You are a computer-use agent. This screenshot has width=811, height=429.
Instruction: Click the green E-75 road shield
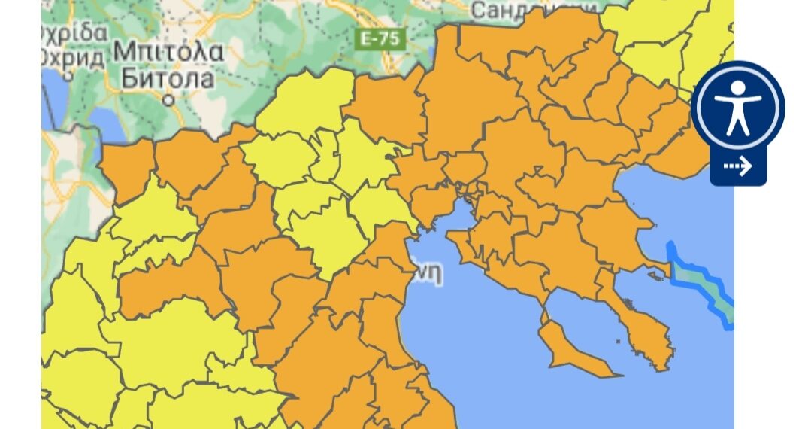pos(381,39)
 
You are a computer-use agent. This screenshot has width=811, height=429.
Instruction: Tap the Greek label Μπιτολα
pos(168,53)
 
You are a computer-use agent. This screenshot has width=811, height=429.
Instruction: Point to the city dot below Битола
pos(169,99)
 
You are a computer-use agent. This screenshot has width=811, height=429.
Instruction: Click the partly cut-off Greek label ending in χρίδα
pos(74,34)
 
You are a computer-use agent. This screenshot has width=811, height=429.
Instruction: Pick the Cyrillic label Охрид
pos(72,57)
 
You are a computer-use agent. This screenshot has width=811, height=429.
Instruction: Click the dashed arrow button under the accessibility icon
pos(737,166)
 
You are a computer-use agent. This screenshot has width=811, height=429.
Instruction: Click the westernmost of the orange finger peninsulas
pos(571,351)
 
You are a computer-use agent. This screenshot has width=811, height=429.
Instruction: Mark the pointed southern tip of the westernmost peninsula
pos(618,375)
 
